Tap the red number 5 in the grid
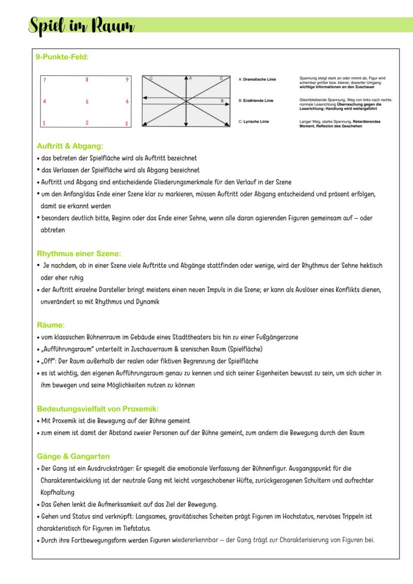(x=87, y=102)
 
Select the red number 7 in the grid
(x=44, y=80)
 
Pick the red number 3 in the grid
(x=126, y=123)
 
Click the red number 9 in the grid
(x=128, y=80)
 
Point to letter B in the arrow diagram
(x=222, y=101)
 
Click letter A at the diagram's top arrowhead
(x=191, y=78)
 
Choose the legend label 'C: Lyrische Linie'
(x=254, y=122)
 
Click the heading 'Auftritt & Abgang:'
(x=70, y=146)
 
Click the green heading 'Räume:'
(x=51, y=325)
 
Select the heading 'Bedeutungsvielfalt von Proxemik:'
(x=98, y=409)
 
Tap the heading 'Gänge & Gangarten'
(x=73, y=456)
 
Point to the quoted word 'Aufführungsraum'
(x=63, y=349)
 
